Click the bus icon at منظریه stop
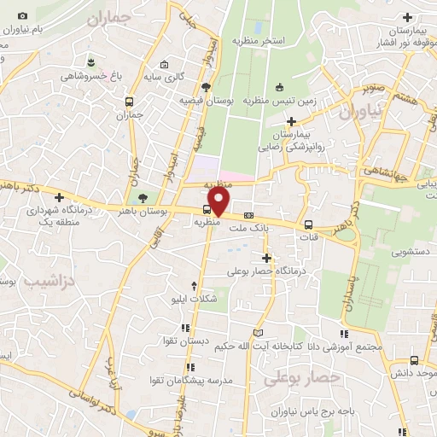[207, 210]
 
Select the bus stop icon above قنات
[307, 225]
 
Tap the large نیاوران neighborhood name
[361, 111]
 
